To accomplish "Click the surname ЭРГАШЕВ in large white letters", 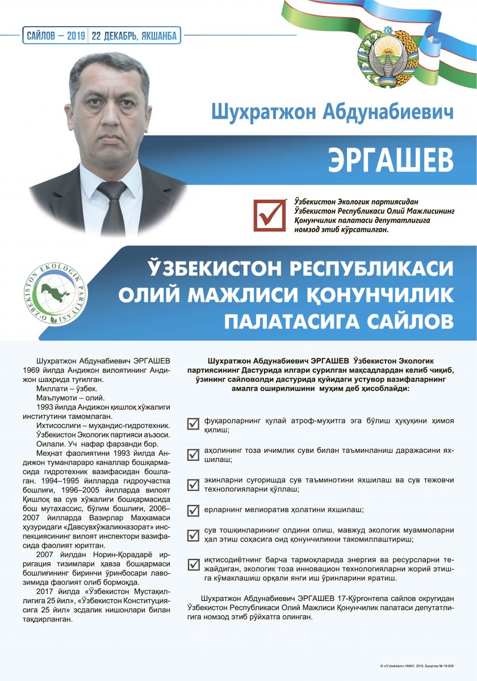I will pos(391,161).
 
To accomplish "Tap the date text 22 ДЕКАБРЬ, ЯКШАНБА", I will pos(135,36).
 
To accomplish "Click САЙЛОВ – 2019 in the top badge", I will pos(55,36).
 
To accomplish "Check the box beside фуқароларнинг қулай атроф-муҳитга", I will pos(194,423).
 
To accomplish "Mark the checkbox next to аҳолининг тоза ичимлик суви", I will pos(194,454).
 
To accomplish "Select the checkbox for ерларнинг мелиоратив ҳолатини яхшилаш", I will pos(194,510).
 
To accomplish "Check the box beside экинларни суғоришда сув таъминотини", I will pos(194,484).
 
